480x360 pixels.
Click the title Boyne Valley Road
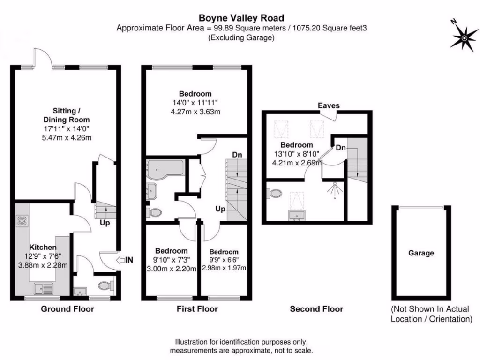tap(241, 18)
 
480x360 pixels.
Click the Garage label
tap(420, 253)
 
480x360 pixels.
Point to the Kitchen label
tap(43, 247)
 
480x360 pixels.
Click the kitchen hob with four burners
tap(22, 221)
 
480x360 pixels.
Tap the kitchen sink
tap(45, 288)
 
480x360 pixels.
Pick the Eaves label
tap(328, 105)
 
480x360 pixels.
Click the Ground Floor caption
tap(67, 309)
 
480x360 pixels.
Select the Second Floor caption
tap(316, 309)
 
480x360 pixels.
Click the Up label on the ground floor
tap(105, 223)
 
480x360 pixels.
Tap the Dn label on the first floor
tap(237, 155)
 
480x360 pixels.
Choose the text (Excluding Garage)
tap(241, 38)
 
